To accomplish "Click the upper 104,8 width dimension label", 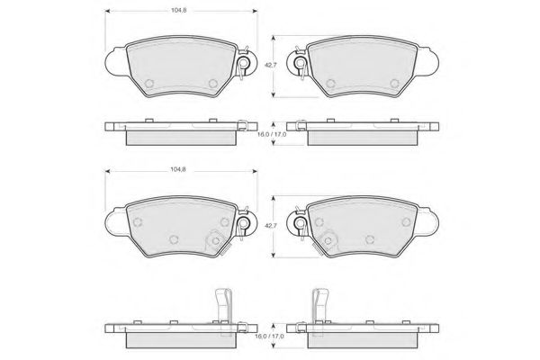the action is [179, 10].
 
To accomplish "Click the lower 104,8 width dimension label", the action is [178, 169].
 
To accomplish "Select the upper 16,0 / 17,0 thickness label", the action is [272, 134].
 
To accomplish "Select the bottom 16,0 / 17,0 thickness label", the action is [270, 336].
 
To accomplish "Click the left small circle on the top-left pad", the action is [149, 84].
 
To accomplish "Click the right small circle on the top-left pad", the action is [213, 84].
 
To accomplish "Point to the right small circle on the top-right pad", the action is [395, 84].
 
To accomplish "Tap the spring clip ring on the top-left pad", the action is [244, 63].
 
